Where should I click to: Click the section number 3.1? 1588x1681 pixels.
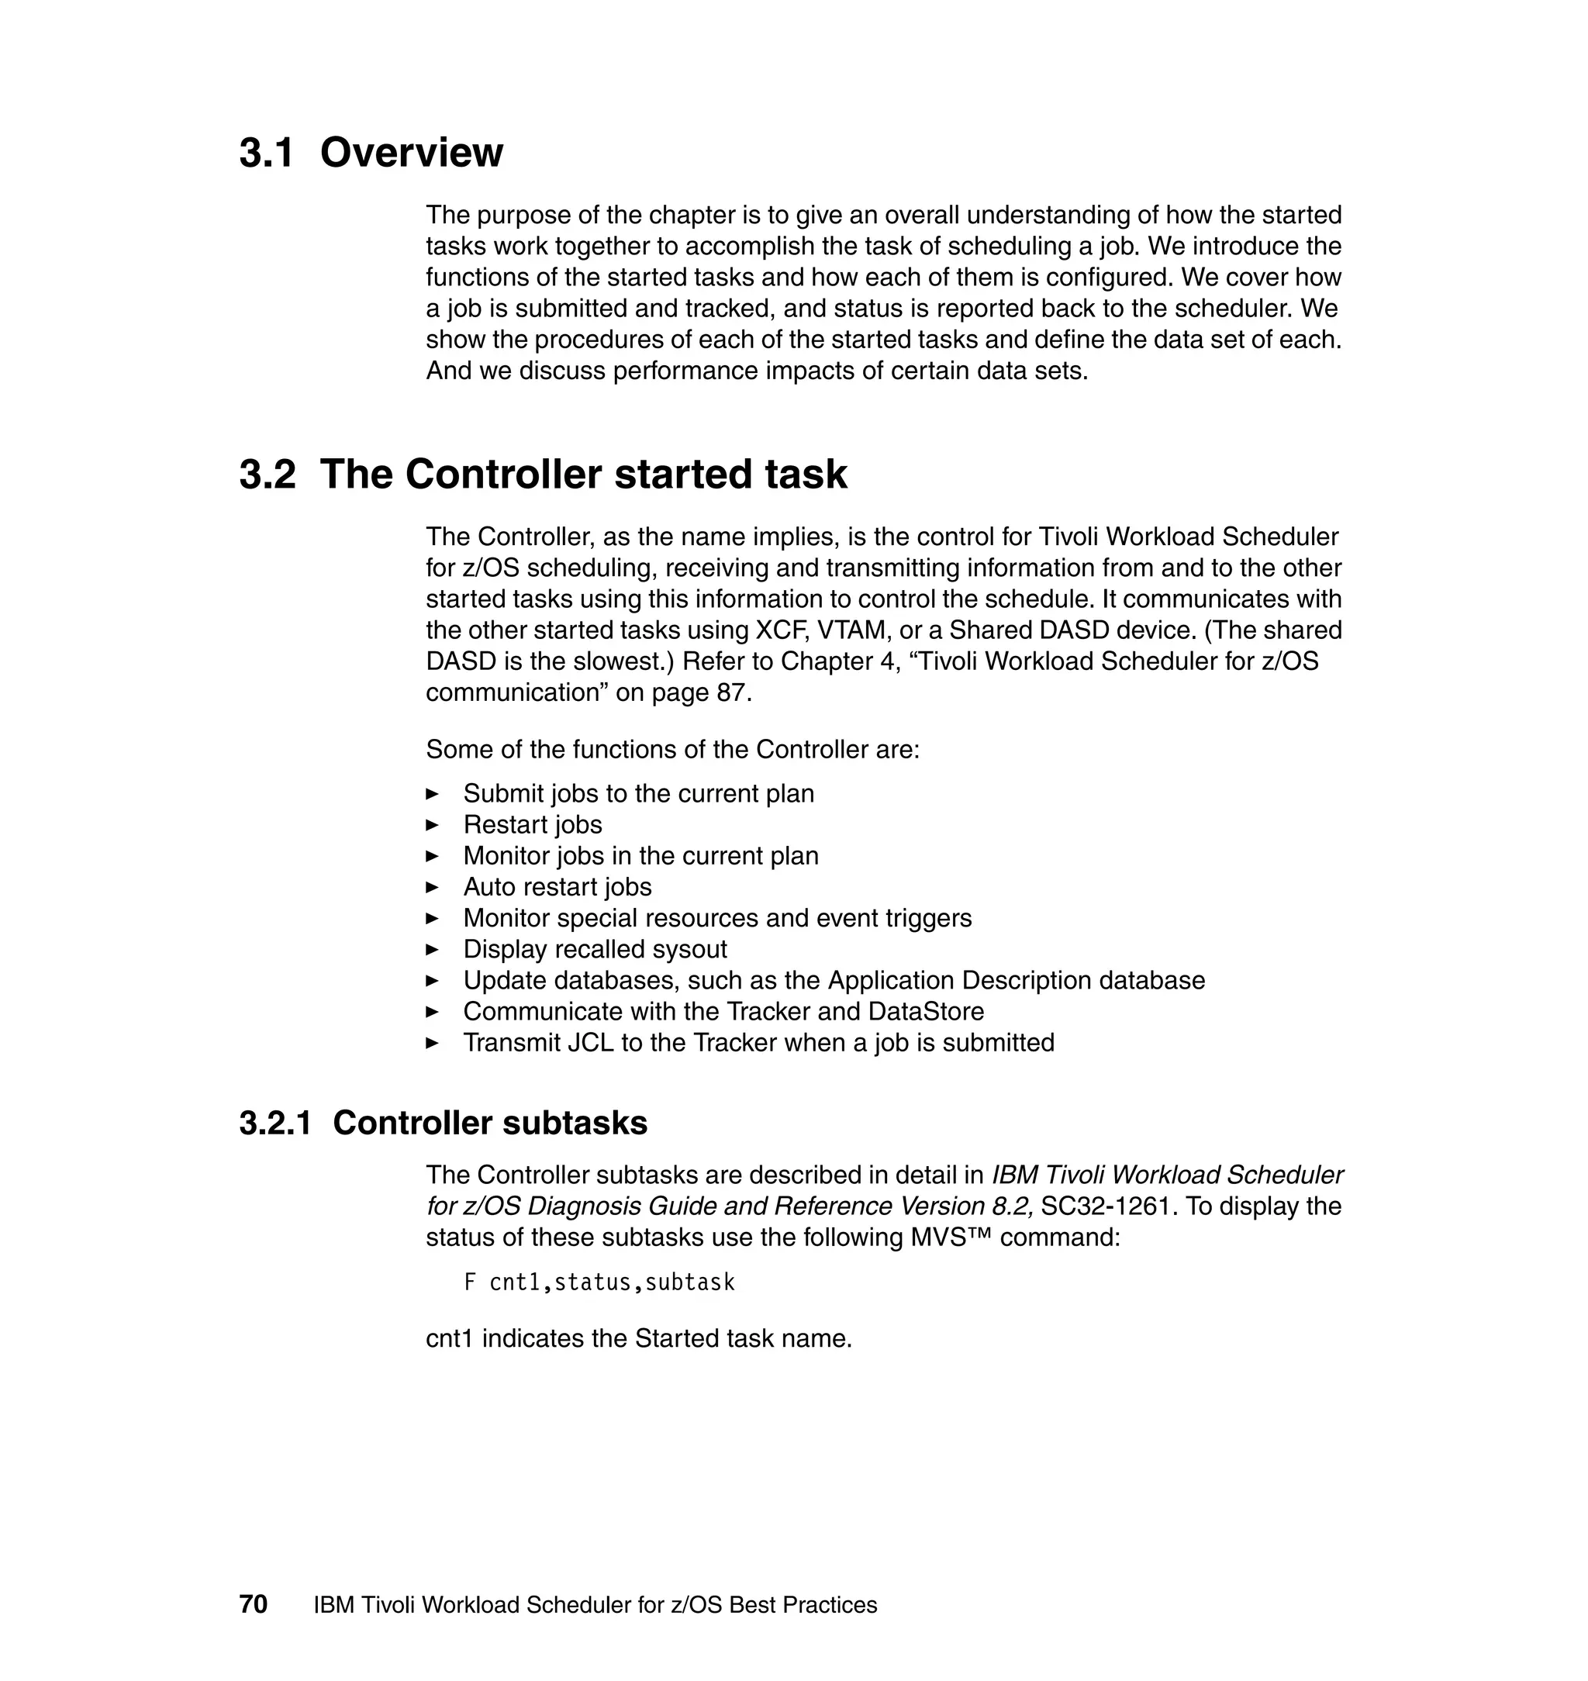pos(266,154)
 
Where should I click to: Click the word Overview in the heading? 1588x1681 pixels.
pos(412,154)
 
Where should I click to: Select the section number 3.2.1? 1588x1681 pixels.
pos(275,1124)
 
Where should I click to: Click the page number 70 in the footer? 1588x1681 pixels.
pos(253,1604)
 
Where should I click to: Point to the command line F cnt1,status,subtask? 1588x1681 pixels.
pos(599,1282)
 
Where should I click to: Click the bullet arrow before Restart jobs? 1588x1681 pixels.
pos(433,824)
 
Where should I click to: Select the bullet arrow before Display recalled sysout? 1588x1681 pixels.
pos(433,949)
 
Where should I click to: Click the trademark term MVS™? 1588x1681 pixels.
pos(951,1237)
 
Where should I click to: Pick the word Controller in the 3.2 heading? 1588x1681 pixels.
pos(505,474)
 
